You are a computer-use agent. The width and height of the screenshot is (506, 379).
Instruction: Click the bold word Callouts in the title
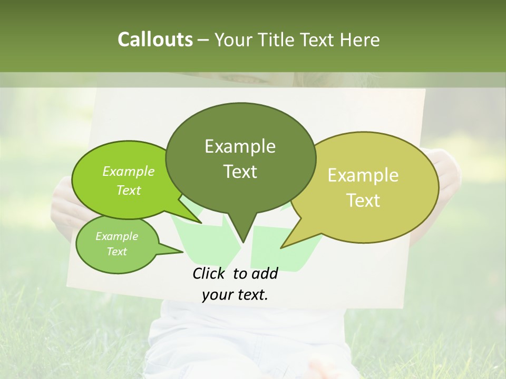coord(155,39)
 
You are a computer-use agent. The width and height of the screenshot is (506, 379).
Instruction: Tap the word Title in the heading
coord(279,39)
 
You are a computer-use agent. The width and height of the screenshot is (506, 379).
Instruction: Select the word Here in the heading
coord(361,39)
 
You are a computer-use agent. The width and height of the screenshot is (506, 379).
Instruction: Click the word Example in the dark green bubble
coord(240,146)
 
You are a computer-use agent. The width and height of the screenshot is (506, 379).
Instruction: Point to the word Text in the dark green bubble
coord(240,172)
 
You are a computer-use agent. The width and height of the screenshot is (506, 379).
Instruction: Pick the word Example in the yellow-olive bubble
coord(363,175)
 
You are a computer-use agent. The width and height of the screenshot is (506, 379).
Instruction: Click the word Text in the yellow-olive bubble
coord(363,201)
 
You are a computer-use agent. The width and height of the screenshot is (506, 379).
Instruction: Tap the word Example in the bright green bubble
coord(129,171)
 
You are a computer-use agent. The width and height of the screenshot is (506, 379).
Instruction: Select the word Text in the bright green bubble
coord(129,190)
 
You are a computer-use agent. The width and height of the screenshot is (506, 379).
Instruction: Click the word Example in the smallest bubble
coord(116,236)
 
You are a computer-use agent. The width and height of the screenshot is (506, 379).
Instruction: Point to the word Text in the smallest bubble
coord(116,252)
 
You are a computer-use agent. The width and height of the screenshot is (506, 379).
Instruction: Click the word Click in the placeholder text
coord(208,274)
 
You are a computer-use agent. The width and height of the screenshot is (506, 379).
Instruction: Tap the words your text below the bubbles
coord(235,295)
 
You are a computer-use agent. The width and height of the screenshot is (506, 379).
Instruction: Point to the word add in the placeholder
coord(265,274)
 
